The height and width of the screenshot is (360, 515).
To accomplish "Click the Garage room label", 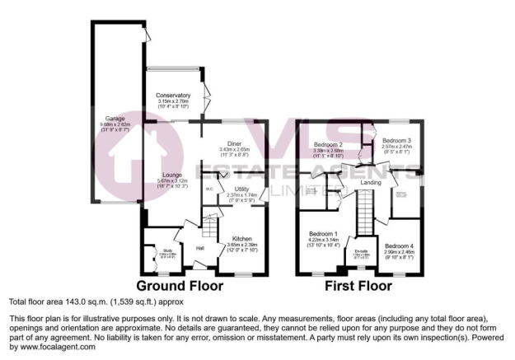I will (115, 119).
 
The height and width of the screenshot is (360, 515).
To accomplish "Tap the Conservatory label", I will (173, 96).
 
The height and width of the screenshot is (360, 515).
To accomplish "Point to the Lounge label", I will (171, 175).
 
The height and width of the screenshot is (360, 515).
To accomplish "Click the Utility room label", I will (241, 189).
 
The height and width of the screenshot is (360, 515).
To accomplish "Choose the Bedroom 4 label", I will (399, 245).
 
